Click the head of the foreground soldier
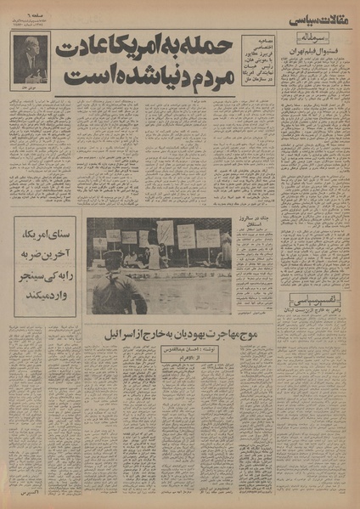pyautogui.click(x=118, y=262)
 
